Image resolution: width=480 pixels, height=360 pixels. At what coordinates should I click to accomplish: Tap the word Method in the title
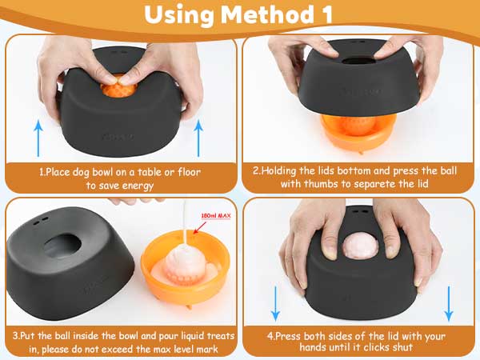pos(266,14)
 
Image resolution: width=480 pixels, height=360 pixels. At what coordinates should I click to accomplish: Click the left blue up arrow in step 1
pos(38,138)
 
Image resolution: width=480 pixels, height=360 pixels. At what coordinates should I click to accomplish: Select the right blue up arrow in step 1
pos(198,138)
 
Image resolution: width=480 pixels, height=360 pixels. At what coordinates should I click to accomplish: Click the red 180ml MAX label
pos(216,216)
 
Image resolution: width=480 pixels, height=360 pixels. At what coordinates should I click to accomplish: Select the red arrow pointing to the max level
pos(199,227)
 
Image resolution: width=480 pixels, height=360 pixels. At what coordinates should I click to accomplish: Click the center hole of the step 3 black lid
pos(62,246)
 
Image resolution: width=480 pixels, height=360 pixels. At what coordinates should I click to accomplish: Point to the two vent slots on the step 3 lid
pos(41,221)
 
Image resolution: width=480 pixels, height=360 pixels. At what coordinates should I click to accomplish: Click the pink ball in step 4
pos(360,245)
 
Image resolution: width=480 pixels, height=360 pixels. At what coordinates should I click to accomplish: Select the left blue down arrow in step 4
pos(275,304)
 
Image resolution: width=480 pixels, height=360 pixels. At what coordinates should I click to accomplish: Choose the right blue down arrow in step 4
pos(449,304)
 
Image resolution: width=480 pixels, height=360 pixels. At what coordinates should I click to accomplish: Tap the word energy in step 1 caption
pos(138,186)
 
